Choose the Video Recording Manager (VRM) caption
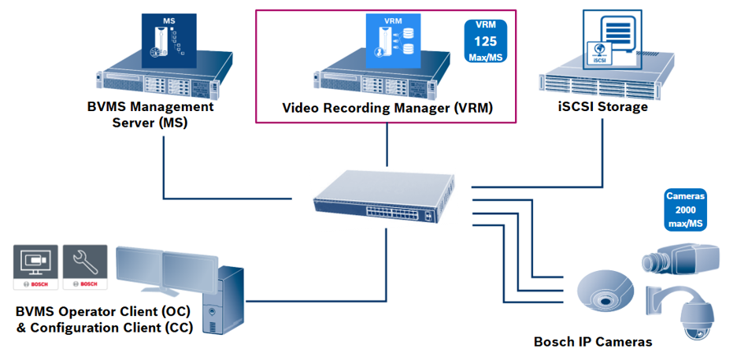coord(387,108)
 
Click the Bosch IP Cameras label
coord(593,342)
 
